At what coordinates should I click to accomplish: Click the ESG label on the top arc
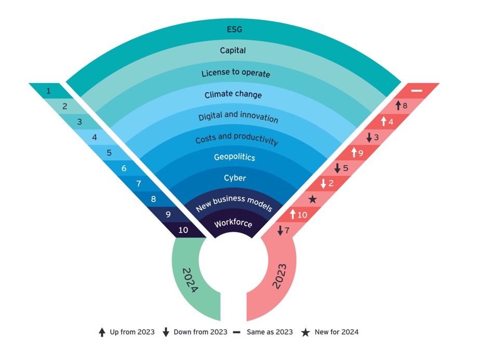pos(235,29)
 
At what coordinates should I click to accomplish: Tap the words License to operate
pos(236,73)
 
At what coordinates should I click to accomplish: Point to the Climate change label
pos(233,95)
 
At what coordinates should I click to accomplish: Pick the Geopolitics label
pos(234,156)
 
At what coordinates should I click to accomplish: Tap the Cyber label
pos(235,178)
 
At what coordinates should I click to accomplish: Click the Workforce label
pos(234,223)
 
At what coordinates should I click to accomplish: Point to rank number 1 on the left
pos(48,91)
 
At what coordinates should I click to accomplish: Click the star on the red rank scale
pos(312,199)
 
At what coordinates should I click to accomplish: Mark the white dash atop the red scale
pos(417,90)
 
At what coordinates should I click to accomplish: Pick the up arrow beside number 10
pos(292,214)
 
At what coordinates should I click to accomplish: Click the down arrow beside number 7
pos(281,230)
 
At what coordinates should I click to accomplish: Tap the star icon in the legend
pos(306,332)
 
